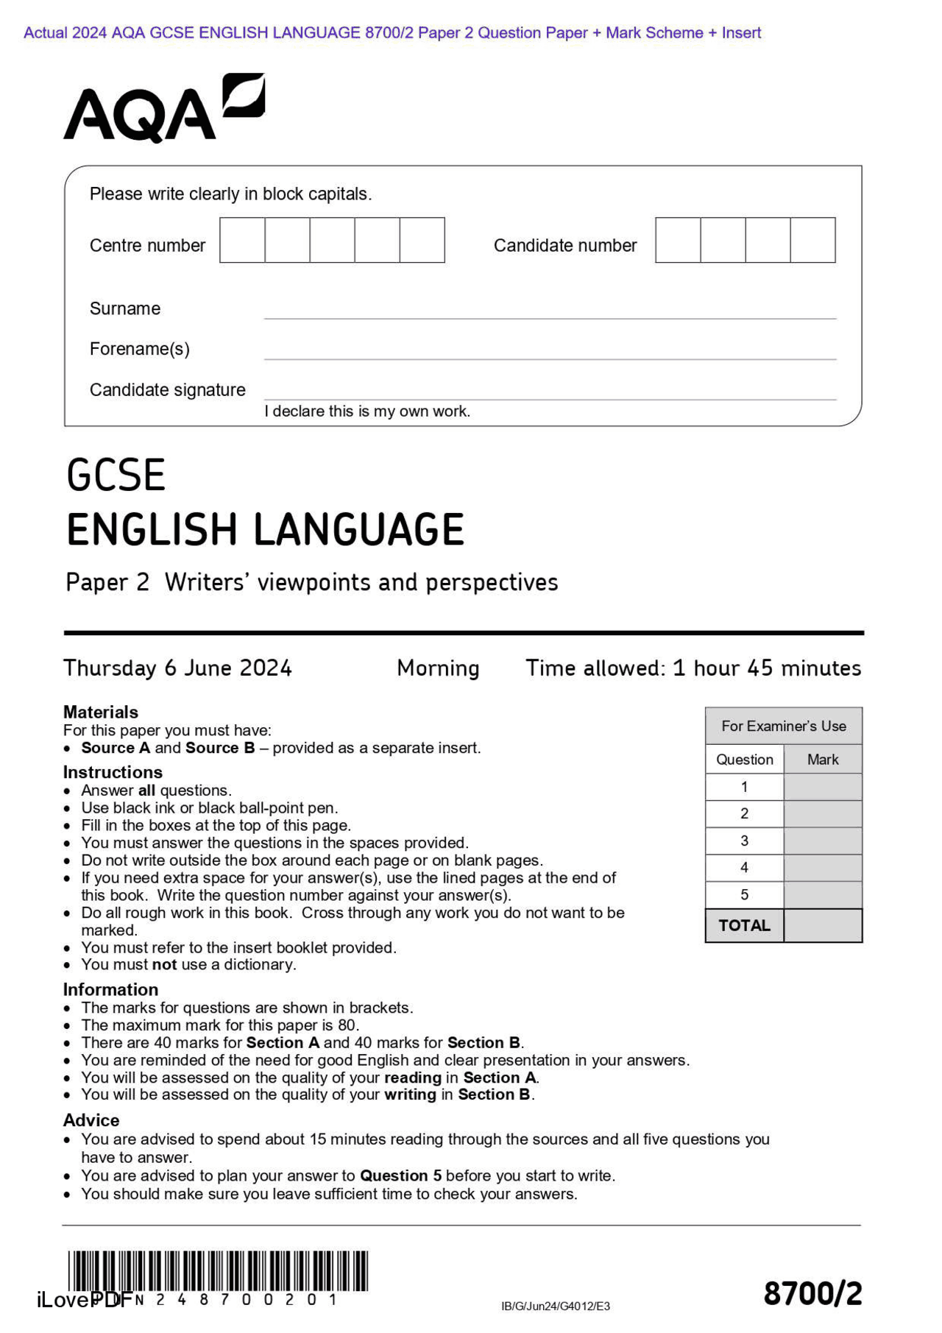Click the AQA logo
click(x=163, y=109)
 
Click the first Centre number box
click(x=242, y=240)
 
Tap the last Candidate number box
click(x=812, y=240)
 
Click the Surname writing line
click(x=550, y=311)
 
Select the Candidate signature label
click(x=167, y=390)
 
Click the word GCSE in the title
click(x=116, y=475)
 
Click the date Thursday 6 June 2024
click(x=177, y=668)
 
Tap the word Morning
click(x=438, y=668)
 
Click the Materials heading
click(x=101, y=712)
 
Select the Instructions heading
click(x=113, y=772)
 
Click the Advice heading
click(x=91, y=1120)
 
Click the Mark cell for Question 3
click(x=823, y=841)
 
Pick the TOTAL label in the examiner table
click(x=744, y=926)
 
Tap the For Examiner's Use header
click(x=783, y=726)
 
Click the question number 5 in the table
click(x=744, y=895)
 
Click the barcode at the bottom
click(x=218, y=1271)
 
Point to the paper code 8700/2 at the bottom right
click(x=812, y=1294)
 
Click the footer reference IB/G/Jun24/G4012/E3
click(x=556, y=1307)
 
